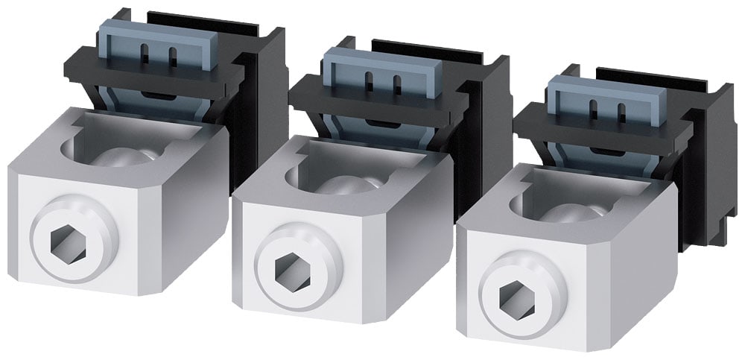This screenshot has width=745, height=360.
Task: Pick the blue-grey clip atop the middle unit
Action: click(379, 74)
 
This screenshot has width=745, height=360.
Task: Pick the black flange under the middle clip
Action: click(372, 104)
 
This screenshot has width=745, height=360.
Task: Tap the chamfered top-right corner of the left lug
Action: click(212, 138)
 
